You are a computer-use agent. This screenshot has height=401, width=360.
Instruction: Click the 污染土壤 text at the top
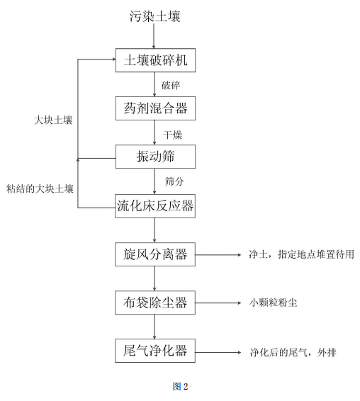click(x=155, y=16)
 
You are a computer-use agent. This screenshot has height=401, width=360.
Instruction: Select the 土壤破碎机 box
click(x=155, y=60)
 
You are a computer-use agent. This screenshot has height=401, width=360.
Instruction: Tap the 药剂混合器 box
click(x=155, y=108)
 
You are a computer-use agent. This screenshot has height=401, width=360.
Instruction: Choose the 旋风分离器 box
click(x=155, y=254)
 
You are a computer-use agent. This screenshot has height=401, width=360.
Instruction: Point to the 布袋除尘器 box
click(x=155, y=303)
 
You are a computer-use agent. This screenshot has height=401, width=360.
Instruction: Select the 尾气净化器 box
click(x=155, y=351)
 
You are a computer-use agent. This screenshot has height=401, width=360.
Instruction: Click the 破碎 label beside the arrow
click(x=171, y=85)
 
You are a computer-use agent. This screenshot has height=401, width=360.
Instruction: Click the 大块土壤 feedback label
click(x=53, y=120)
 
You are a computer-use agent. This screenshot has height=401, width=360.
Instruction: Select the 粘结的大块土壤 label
click(x=40, y=188)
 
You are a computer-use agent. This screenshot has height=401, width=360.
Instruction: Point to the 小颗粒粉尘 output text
click(x=273, y=303)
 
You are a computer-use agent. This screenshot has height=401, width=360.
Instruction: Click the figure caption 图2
click(x=180, y=386)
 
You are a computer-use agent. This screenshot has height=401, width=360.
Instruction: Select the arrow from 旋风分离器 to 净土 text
click(x=218, y=254)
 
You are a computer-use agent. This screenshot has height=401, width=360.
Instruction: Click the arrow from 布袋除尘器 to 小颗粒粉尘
click(x=218, y=303)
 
